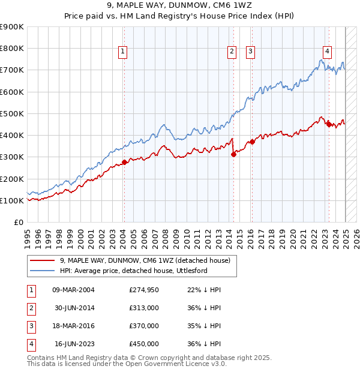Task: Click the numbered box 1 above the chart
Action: (122, 52)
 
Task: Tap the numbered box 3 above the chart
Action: (250, 52)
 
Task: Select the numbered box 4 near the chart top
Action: (327, 52)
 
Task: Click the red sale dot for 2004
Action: (124, 162)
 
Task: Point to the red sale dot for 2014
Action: (233, 154)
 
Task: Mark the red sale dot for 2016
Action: (252, 142)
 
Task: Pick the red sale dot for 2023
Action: (329, 124)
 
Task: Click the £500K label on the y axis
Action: (13, 113)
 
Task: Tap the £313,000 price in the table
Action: (144, 308)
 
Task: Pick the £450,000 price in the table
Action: (144, 344)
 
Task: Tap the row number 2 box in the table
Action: (31, 308)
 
